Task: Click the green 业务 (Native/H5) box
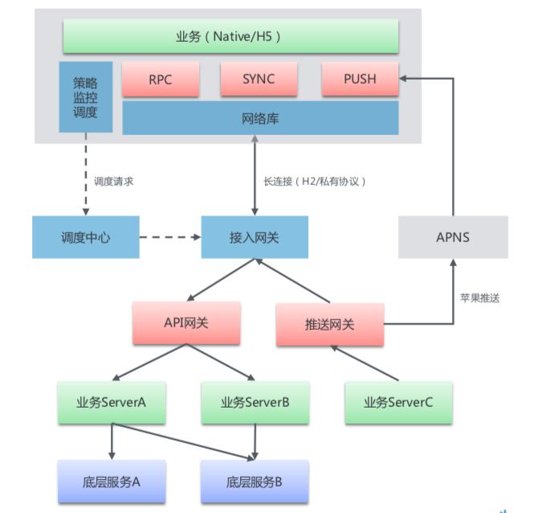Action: pos(230,36)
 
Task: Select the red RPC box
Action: pos(161,79)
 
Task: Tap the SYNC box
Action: pos(259,79)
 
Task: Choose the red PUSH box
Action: pos(360,79)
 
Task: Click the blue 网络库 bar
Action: pos(260,118)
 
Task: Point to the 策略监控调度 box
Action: pos(86,97)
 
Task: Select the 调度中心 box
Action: pos(86,237)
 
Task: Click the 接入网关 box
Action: pos(255,237)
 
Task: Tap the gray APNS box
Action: pos(453,237)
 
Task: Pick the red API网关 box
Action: pos(186,323)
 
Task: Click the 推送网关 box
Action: pos(330,325)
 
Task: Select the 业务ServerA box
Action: pos(112,403)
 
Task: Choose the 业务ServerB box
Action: pos(255,403)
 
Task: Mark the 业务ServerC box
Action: pos(399,403)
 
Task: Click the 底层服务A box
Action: pos(112,482)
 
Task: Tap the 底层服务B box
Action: pos(255,482)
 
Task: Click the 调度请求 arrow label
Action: pos(114,182)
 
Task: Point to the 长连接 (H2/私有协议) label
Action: pos(315,182)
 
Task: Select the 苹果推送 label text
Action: pos(480,298)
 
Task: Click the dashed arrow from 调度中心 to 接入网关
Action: pos(170,237)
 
